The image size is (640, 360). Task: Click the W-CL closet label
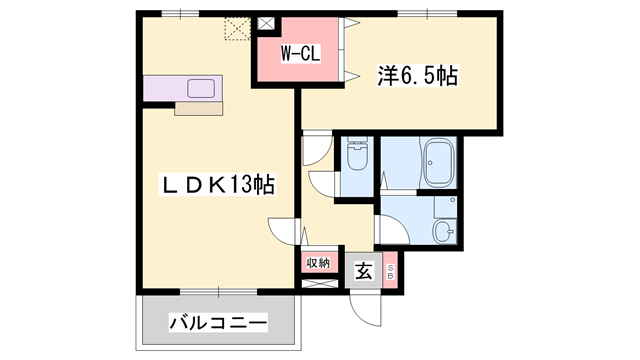coord(299,54)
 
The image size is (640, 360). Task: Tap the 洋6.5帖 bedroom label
coord(417,75)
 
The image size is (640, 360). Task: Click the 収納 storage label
coord(318,263)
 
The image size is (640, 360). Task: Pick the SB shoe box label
coord(391,271)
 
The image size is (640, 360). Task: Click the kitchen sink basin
coord(199,86)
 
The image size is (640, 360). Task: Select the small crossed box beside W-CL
coord(266,22)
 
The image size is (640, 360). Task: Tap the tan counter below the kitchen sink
coord(201,108)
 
